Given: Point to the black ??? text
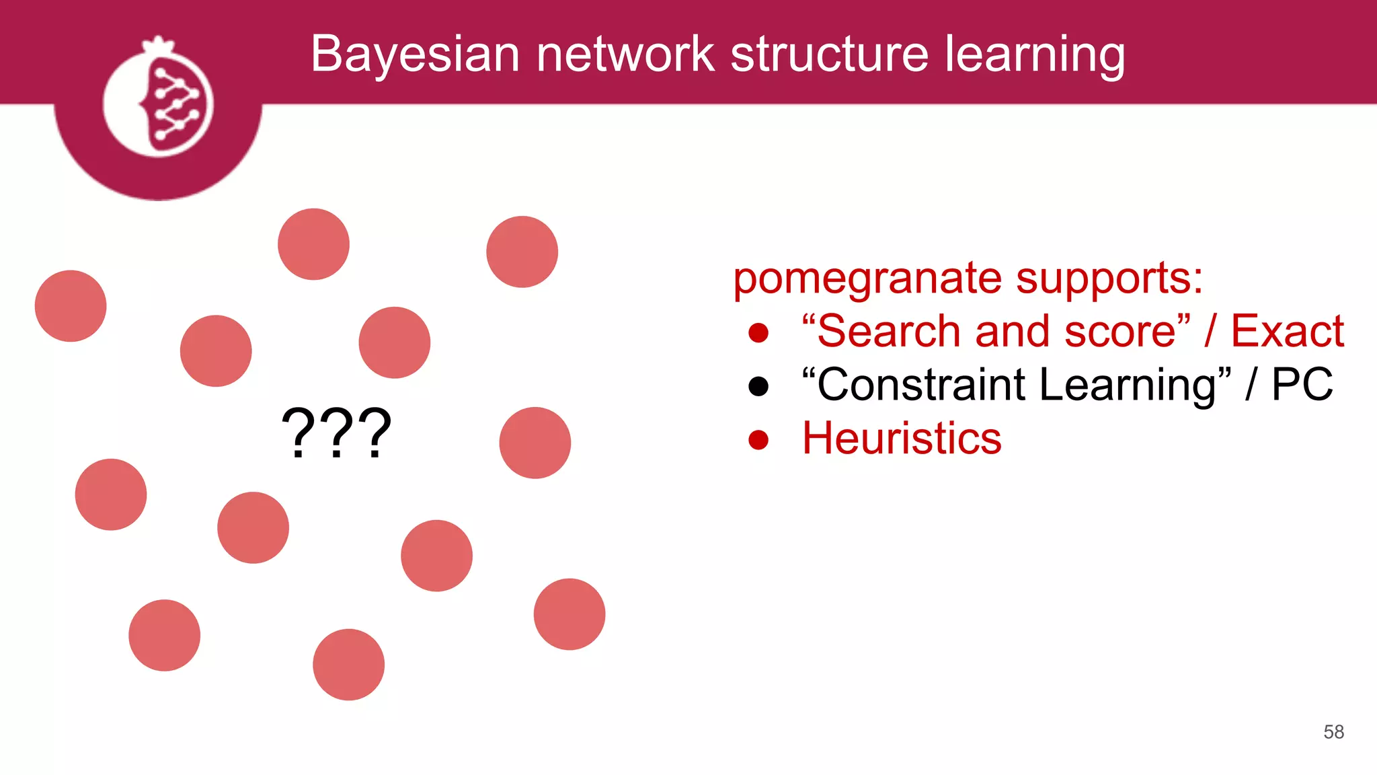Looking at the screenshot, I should click(x=336, y=434).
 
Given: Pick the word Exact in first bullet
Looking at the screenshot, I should click(x=1287, y=331).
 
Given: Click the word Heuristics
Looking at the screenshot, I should click(x=902, y=439).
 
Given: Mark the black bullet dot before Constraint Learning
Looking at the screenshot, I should click(x=758, y=386).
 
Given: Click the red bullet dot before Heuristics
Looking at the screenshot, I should click(x=758, y=439).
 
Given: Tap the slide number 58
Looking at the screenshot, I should click(x=1333, y=732).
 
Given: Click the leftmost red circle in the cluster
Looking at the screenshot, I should click(x=71, y=306).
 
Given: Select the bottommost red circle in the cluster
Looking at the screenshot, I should click(x=348, y=665).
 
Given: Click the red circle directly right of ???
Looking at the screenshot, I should click(x=535, y=443).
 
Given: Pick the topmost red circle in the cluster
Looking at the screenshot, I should click(x=313, y=244).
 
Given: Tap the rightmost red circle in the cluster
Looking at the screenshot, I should click(x=569, y=614).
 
